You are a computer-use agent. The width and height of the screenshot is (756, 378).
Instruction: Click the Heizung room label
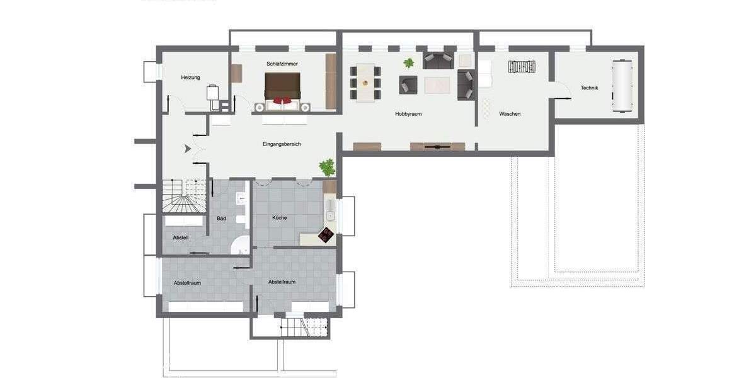point(190,77)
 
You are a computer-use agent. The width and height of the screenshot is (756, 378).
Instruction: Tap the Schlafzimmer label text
point(282,64)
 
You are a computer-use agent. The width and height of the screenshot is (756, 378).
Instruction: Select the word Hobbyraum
point(408,114)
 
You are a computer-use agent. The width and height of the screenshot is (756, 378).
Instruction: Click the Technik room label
point(589,88)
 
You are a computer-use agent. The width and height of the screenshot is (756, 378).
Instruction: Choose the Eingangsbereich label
point(282,144)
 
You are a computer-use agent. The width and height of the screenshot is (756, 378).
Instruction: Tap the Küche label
point(280,217)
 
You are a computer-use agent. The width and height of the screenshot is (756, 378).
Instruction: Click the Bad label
point(221,219)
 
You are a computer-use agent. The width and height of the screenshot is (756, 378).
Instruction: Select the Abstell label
point(181,238)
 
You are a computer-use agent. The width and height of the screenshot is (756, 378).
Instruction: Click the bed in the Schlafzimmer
point(282,88)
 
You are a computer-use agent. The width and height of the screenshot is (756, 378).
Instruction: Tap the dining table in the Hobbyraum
point(365,82)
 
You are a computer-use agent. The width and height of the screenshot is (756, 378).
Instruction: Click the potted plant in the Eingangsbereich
point(327,167)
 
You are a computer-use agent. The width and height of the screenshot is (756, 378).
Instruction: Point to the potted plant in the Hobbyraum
point(409,63)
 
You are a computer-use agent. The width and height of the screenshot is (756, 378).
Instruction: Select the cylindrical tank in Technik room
point(622,85)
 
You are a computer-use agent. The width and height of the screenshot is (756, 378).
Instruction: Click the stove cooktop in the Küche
point(326,234)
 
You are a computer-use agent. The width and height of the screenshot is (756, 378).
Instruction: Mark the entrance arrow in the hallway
point(188,149)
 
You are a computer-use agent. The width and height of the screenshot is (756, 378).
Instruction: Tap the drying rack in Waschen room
point(522,66)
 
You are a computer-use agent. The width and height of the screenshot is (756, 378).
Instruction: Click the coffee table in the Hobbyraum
point(437,84)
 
